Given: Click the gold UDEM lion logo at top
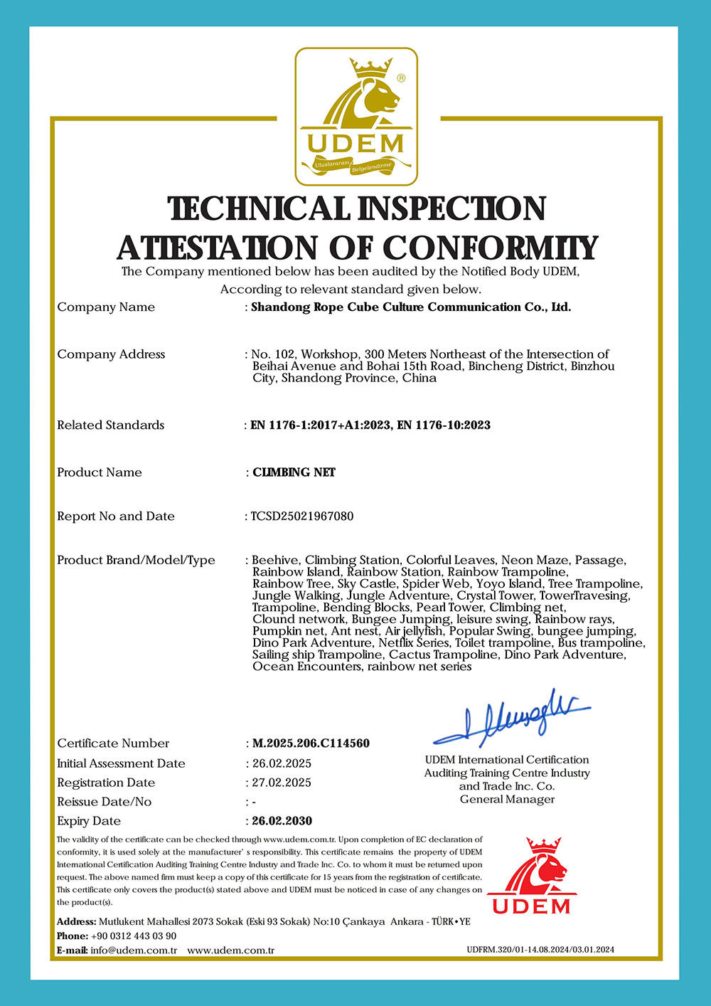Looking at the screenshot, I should coord(356,117).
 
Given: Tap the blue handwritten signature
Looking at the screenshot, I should coord(513,717).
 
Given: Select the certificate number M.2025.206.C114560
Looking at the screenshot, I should coord(311,743).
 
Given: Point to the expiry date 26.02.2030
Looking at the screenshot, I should coord(282,821).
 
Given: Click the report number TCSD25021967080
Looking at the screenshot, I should coord(302,517).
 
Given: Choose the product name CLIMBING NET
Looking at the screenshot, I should coord(294,472).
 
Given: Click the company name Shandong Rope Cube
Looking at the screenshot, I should coord(411,307).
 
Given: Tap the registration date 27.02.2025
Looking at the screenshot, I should coord(282,783).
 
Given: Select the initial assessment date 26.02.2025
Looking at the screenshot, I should coord(282,763).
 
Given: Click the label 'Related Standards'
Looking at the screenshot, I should coord(110,425).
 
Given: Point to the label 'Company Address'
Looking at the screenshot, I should coord(111,354).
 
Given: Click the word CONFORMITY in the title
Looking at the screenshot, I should coord(491,248).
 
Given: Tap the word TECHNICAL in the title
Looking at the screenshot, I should coord(260,208).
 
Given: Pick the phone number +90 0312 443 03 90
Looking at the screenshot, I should coord(134,936).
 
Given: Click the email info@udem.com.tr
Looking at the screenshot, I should coord(134,951).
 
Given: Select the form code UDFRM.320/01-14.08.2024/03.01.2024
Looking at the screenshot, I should coord(540,950).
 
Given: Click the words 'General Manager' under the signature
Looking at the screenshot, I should coord(507,800).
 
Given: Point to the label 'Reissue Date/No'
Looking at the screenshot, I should coord(104,802).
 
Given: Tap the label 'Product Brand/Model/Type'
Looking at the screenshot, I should coord(136,561).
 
